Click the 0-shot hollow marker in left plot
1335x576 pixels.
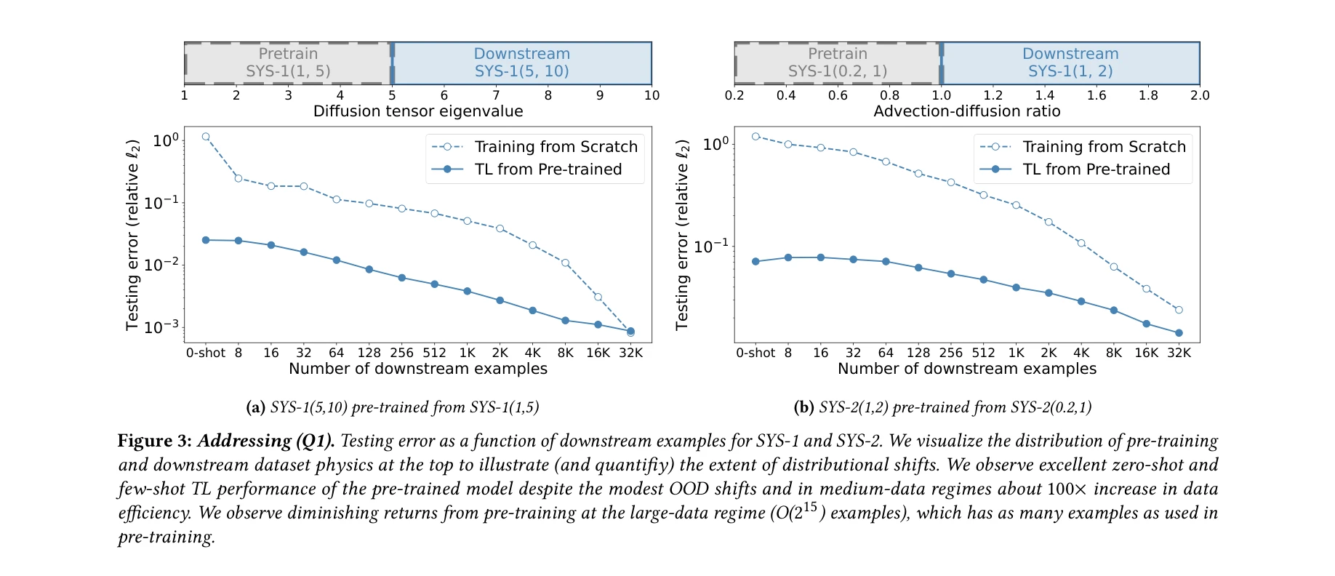[x=206, y=137]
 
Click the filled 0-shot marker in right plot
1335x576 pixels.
[x=755, y=262]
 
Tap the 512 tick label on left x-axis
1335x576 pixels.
[x=434, y=353]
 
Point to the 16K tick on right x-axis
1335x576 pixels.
[x=1146, y=353]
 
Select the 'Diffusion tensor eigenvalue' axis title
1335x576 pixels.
[x=418, y=111]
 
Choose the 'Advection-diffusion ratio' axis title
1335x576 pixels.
[x=966, y=111]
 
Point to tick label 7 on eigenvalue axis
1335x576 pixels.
[x=496, y=95]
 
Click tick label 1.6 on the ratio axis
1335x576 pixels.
[x=1097, y=95]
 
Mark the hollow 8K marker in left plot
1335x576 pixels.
[x=565, y=263]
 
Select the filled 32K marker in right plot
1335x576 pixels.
[x=1179, y=333]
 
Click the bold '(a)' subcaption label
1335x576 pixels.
[x=255, y=407]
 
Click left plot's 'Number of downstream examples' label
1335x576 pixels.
[x=418, y=369]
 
